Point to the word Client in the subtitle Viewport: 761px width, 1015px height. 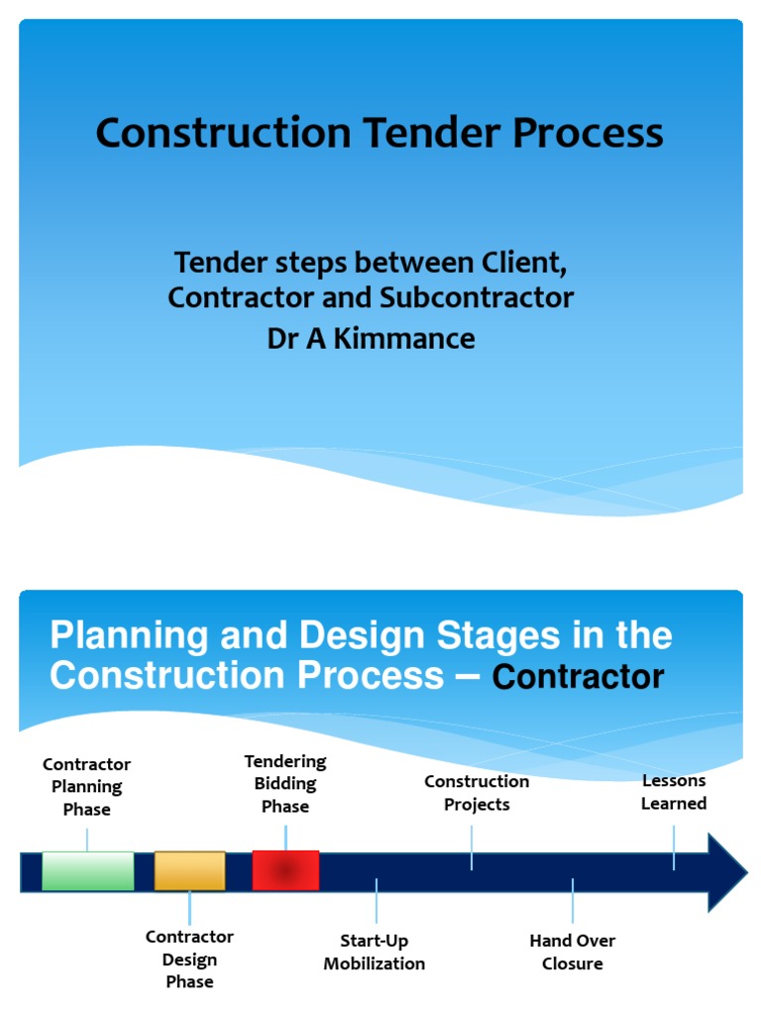[521, 263]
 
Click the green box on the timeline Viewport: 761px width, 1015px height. [87, 871]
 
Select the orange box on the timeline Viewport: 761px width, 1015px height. [189, 871]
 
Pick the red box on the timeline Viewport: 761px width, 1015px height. [285, 870]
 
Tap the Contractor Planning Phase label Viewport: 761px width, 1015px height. [87, 786]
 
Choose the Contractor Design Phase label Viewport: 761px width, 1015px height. [189, 959]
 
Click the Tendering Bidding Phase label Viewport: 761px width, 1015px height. [285, 783]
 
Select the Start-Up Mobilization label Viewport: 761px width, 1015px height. [375, 952]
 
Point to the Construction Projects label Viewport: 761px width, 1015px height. [477, 792]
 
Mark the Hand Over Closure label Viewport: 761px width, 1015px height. [573, 952]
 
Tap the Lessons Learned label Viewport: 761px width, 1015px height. [674, 791]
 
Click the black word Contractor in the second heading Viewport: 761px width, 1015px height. [578, 678]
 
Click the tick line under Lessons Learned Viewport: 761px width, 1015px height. [674, 847]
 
